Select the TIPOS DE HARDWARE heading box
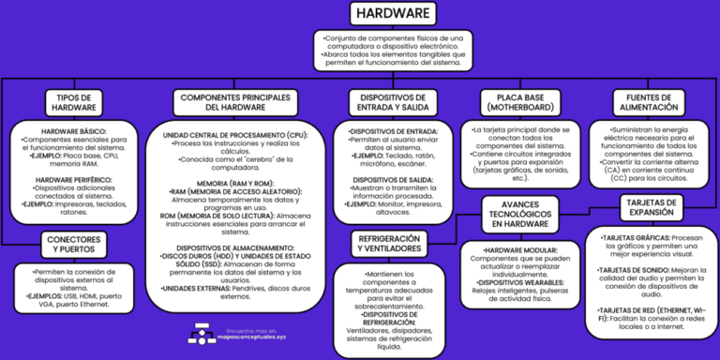click(x=72, y=102)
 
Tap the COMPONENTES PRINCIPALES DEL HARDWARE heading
click(x=242, y=102)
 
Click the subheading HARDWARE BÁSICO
click(x=73, y=130)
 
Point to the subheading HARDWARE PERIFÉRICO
click(x=73, y=178)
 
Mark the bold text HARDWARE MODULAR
click(x=522, y=251)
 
